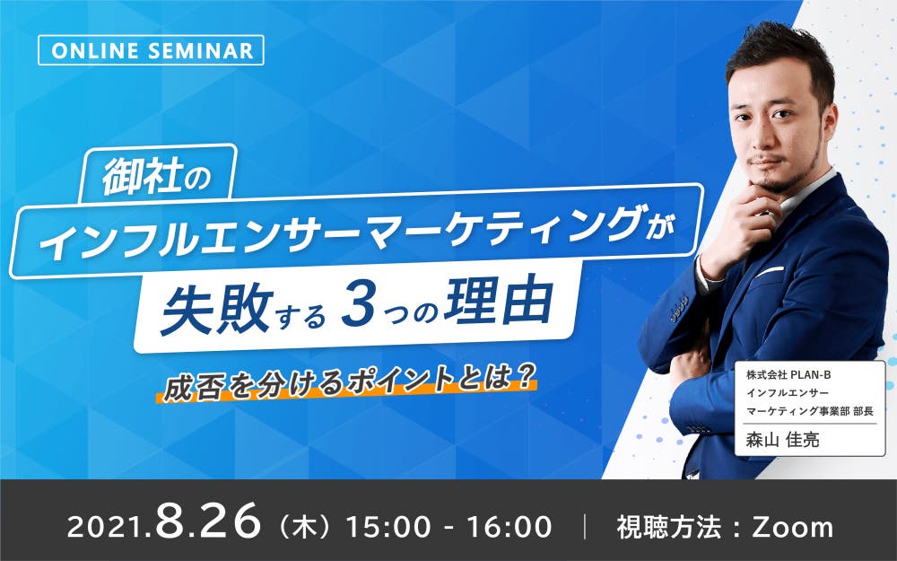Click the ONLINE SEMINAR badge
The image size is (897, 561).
151,50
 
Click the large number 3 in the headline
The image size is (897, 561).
358,309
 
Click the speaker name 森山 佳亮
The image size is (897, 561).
782,439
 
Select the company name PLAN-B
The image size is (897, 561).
810,375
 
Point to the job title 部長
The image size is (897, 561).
863,411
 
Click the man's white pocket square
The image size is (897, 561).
769,271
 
